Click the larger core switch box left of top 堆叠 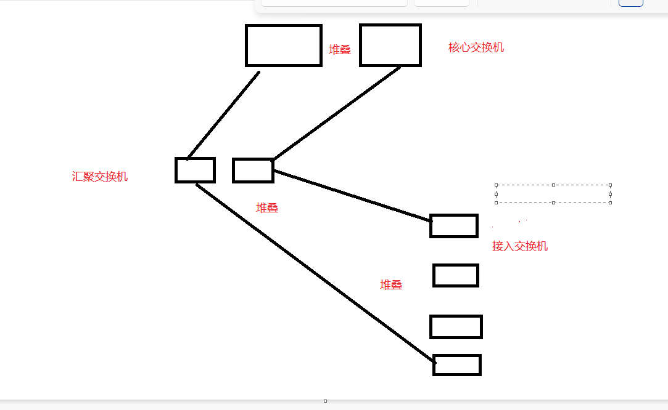[x=284, y=45]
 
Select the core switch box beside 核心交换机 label [x=390, y=45]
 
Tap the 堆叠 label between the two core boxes [x=340, y=50]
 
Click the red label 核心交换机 [x=476, y=47]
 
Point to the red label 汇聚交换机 [x=100, y=177]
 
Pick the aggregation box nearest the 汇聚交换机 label [x=195, y=170]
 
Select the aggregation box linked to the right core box [x=253, y=171]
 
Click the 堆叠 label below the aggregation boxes [x=267, y=208]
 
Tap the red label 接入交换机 [x=520, y=246]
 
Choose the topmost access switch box [x=454, y=226]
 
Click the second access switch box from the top [x=456, y=275]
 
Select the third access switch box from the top [x=456, y=326]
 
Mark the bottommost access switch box [x=457, y=365]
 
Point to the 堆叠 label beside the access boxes [x=391, y=284]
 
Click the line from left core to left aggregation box [x=223, y=115]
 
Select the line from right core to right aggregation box [x=336, y=113]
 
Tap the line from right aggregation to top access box [x=352, y=195]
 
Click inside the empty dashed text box [x=553, y=193]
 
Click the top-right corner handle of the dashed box [x=610, y=185]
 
